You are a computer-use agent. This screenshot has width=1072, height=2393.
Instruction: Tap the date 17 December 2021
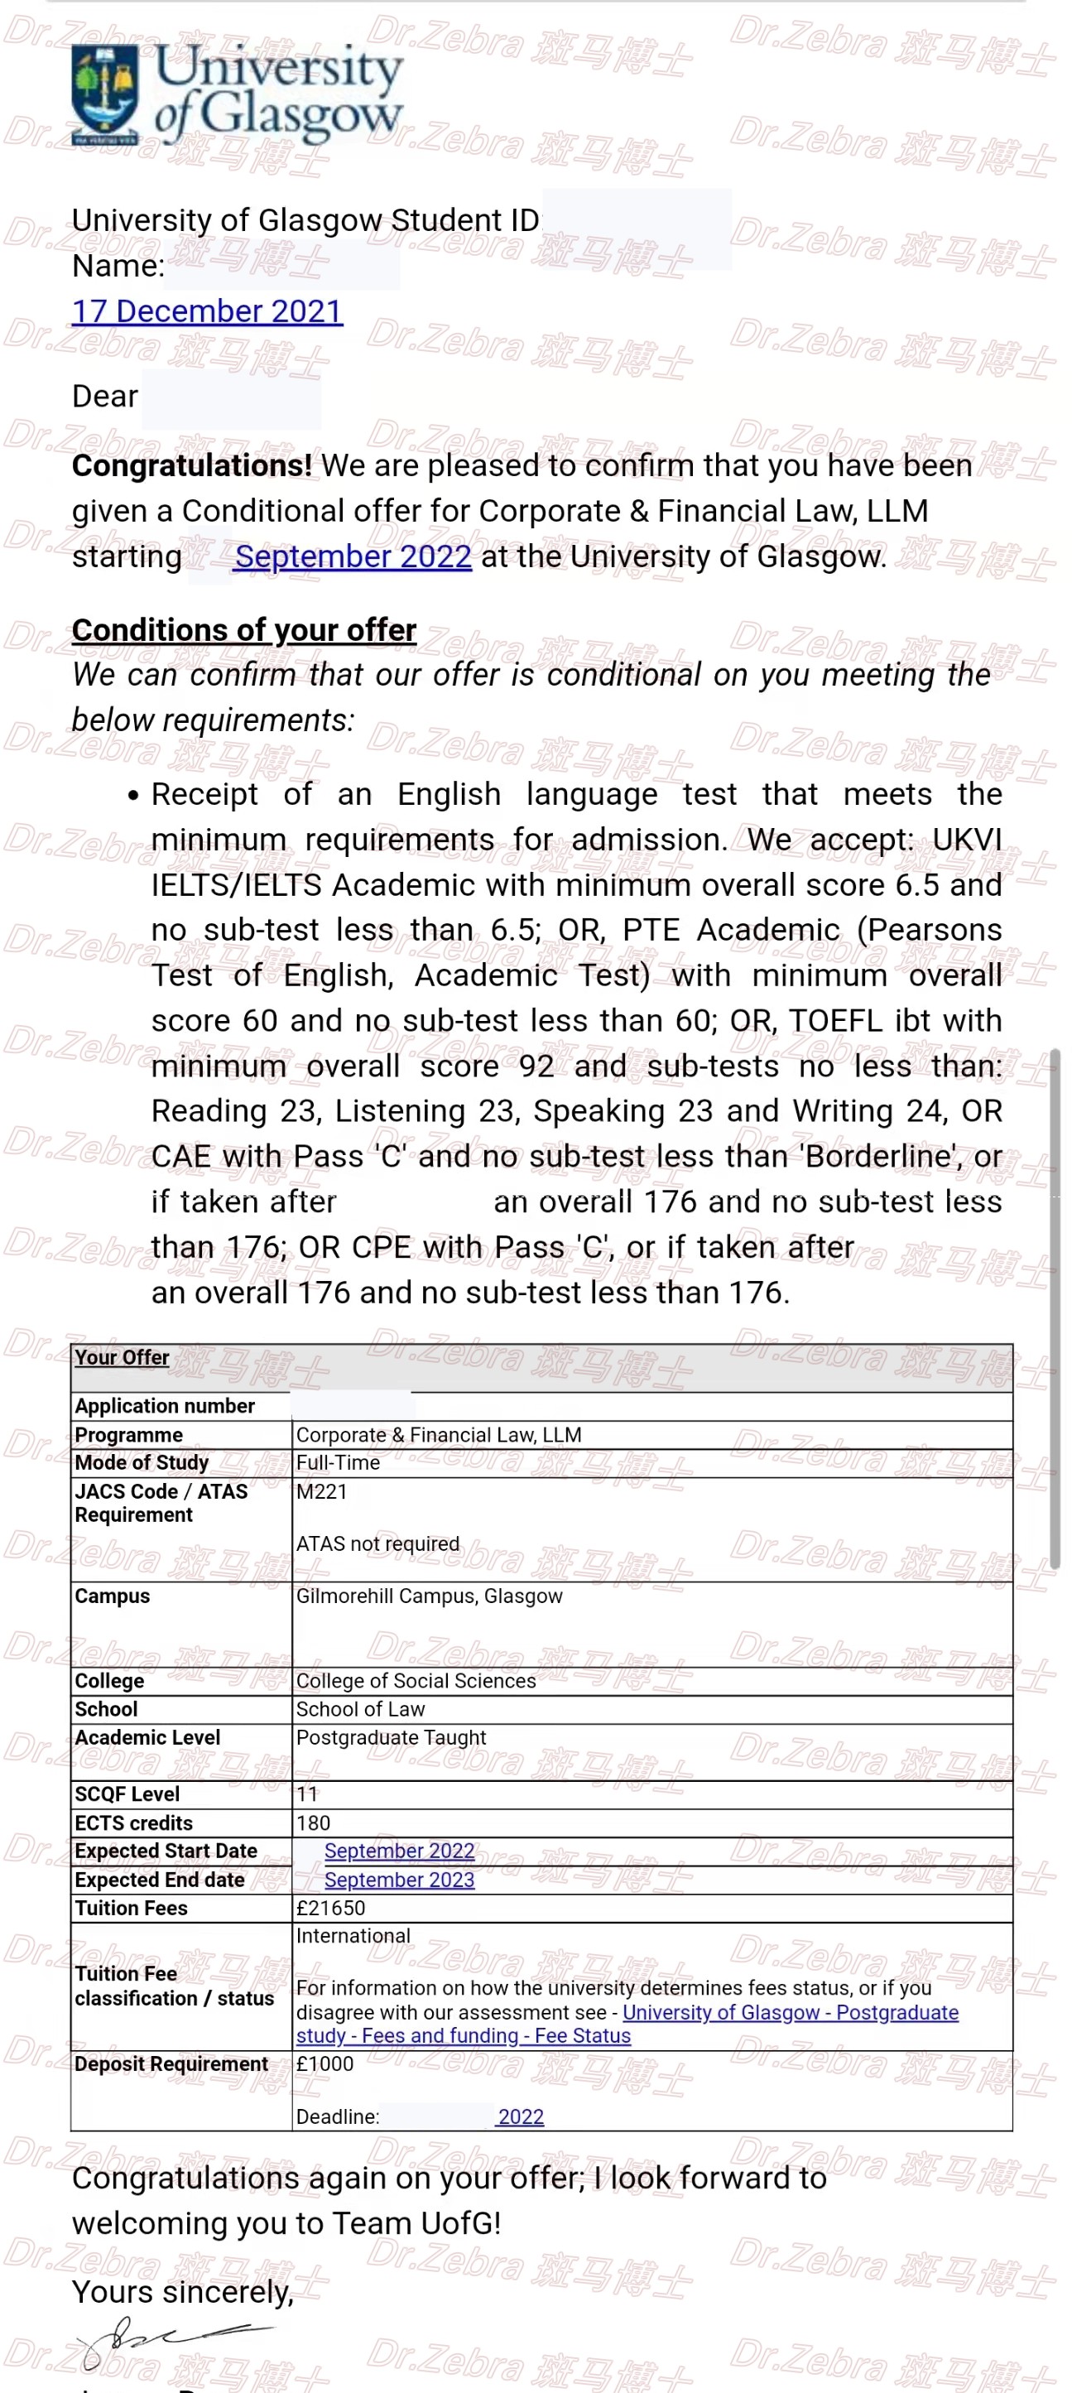(207, 311)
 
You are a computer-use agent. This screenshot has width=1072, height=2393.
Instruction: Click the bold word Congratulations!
(191, 465)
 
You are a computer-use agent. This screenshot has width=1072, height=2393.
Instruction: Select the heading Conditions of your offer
(243, 630)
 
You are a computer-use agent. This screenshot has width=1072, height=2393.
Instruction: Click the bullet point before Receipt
(134, 795)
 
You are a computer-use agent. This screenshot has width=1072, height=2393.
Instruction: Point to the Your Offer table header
(122, 1357)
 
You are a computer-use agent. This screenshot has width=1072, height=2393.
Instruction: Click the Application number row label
(165, 1405)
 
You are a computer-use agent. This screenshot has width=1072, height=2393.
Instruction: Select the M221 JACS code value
(321, 1491)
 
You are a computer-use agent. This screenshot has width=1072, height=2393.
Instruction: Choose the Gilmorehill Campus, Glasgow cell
(429, 1595)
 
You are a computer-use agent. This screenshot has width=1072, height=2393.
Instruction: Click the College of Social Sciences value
(416, 1681)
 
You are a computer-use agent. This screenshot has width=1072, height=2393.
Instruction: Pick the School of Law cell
(360, 1709)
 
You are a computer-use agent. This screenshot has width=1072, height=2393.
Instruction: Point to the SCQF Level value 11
(306, 1794)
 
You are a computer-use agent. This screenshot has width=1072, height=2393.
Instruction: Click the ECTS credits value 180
(313, 1822)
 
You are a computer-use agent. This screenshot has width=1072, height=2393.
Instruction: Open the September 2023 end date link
(400, 1880)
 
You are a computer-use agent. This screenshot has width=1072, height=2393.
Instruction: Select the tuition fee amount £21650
(330, 1908)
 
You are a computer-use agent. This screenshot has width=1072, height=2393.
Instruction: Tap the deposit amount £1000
(325, 2063)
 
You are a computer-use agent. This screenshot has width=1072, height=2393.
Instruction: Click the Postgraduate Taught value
(391, 1737)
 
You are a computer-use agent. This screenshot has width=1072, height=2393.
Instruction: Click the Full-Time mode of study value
(338, 1462)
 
